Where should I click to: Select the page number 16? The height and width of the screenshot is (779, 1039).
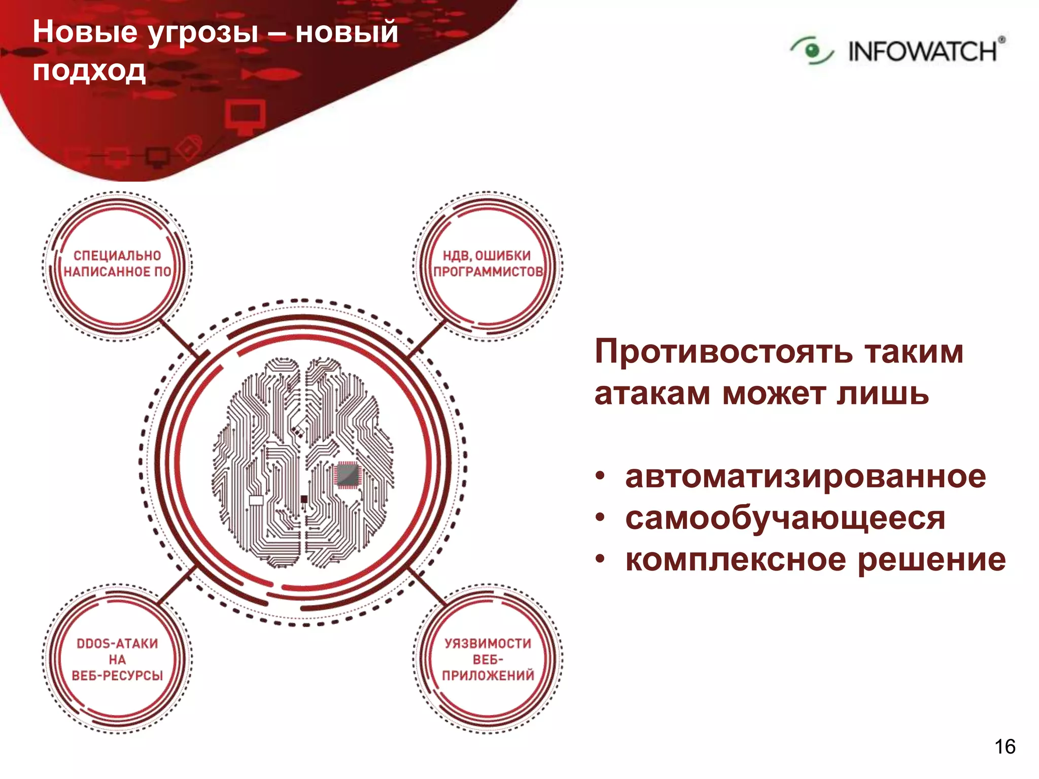(x=1005, y=747)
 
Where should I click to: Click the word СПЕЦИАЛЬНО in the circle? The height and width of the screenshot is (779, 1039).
(x=117, y=256)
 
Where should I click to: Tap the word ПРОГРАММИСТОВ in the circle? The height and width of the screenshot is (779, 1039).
(x=488, y=272)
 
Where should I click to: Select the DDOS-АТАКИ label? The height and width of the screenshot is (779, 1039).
(x=117, y=644)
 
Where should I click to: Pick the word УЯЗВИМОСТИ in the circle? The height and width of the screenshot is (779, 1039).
(x=488, y=644)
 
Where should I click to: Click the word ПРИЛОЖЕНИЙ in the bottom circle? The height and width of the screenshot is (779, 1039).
(x=488, y=676)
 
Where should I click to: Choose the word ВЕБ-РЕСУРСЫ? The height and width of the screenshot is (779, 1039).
(x=117, y=676)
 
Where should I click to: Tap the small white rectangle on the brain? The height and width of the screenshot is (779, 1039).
(x=256, y=500)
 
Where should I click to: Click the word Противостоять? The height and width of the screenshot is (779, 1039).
(x=723, y=351)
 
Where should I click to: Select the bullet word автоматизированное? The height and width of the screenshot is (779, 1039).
(x=805, y=477)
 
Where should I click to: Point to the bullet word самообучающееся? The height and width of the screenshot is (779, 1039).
(x=785, y=518)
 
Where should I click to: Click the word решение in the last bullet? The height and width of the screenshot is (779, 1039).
(x=931, y=560)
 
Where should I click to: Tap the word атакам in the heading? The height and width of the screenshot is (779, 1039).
(x=652, y=394)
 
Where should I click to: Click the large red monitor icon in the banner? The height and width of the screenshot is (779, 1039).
(x=245, y=116)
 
